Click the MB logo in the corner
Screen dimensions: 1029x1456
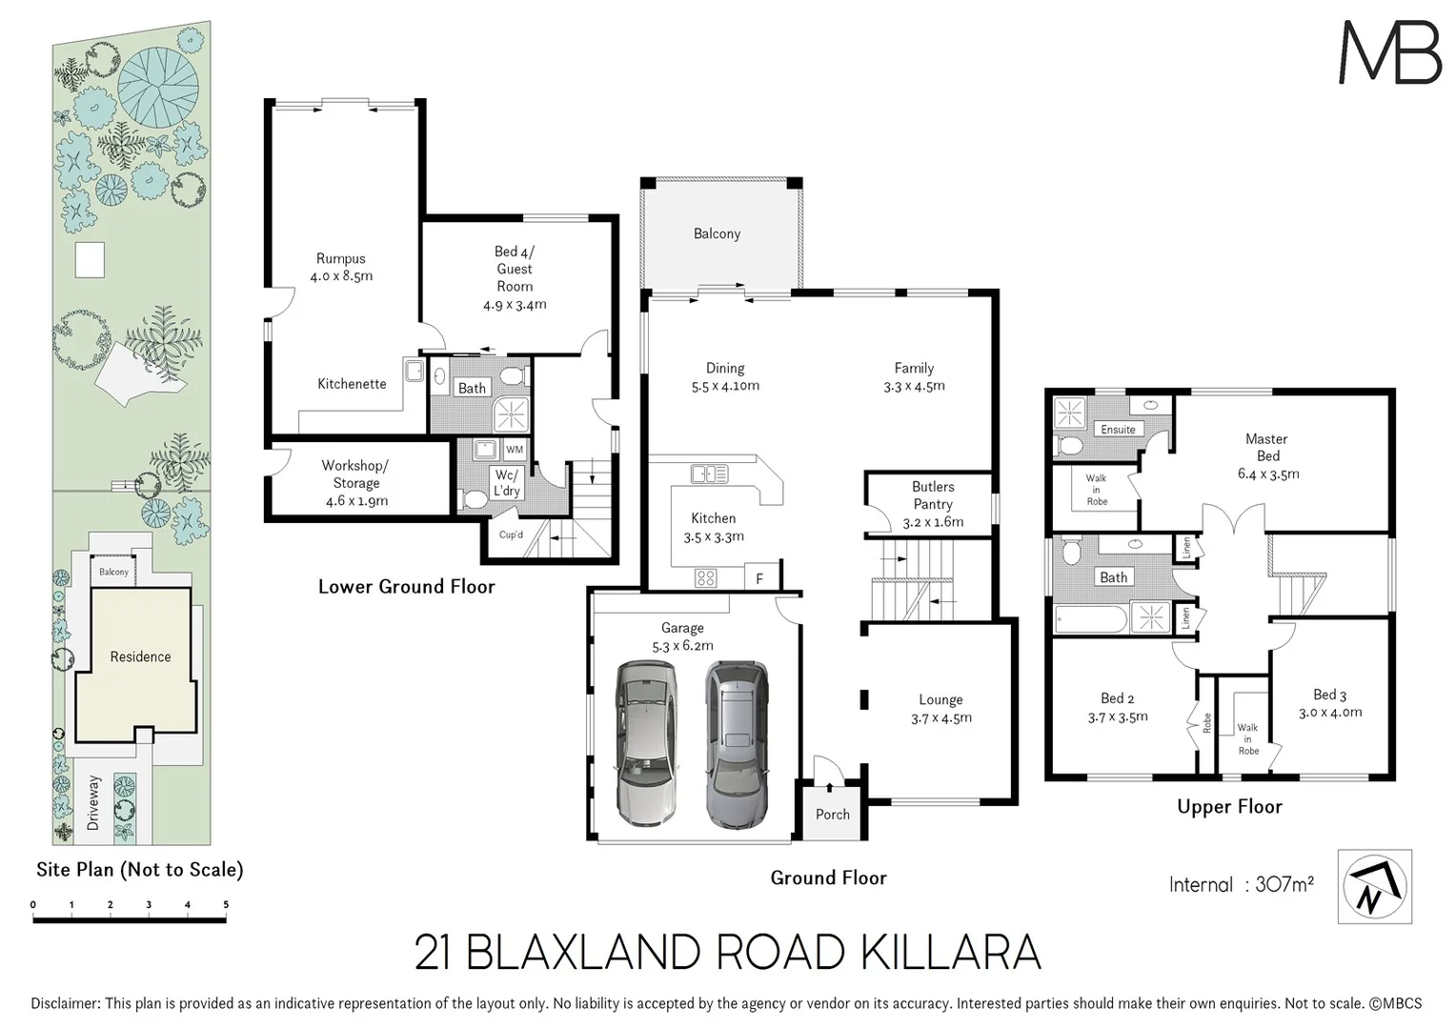[x=1389, y=52]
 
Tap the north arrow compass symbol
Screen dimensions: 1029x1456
[x=1374, y=887]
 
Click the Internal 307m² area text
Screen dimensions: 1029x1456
[x=1241, y=884]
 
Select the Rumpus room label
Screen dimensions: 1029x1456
[x=340, y=258]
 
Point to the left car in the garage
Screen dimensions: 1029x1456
[x=646, y=743]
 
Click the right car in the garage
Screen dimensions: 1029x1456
[x=736, y=743]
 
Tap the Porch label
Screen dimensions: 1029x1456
[x=832, y=814]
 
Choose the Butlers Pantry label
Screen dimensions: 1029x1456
[x=932, y=495]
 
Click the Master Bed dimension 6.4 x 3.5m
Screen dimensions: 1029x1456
[x=1267, y=474]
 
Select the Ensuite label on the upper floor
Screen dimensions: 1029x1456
[x=1118, y=430]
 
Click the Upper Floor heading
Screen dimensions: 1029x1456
[x=1229, y=807]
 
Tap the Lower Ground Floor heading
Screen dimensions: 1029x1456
[x=406, y=587]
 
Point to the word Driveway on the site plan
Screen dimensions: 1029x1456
[x=93, y=802]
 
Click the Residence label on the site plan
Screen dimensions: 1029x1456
[x=140, y=656]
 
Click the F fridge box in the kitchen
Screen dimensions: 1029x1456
[x=759, y=578]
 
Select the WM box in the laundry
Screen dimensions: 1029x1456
[x=514, y=450]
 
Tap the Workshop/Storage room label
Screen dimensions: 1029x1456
[x=355, y=474]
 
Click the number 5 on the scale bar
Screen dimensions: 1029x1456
[x=226, y=905]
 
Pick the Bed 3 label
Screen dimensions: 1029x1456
[x=1329, y=695]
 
